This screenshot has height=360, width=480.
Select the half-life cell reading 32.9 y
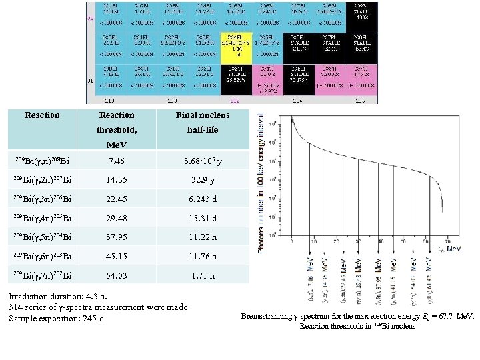coord(203,179)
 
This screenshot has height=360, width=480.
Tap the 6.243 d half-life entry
coord(203,199)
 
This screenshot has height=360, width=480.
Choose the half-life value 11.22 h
coord(203,237)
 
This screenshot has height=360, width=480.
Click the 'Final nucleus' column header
coord(203,115)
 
